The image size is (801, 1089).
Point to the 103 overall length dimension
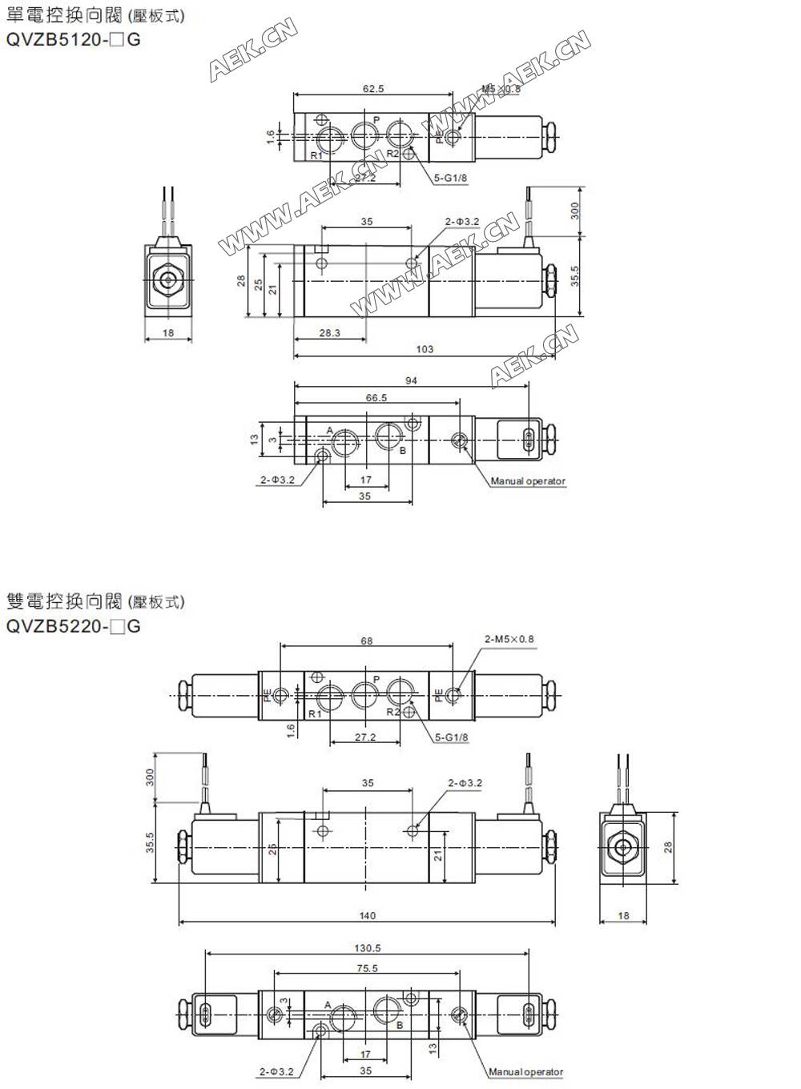tap(425, 349)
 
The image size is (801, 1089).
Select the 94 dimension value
tap(411, 381)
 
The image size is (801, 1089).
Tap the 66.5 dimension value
tap(376, 398)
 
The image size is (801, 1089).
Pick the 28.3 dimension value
tap(329, 333)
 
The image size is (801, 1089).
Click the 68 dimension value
tap(366, 641)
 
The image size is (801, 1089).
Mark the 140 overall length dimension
tap(367, 916)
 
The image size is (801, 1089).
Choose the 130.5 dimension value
tap(367, 948)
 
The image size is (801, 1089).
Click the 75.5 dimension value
tap(367, 968)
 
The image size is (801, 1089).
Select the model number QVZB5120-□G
tap(73, 39)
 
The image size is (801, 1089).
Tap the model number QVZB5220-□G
tap(73, 626)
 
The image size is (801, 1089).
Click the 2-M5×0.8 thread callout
tap(509, 639)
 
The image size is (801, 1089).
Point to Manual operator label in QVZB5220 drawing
tap(526, 1071)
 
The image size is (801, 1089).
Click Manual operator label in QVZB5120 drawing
tap(528, 481)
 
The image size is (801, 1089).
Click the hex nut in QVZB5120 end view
tap(168, 280)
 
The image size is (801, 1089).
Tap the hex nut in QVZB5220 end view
tap(623, 847)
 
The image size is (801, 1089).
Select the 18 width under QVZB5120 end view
tap(168, 332)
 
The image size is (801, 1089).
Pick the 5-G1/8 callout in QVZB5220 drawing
tap(452, 737)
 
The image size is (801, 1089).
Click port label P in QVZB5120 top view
tap(376, 120)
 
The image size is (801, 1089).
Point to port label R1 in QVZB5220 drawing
tap(315, 713)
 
